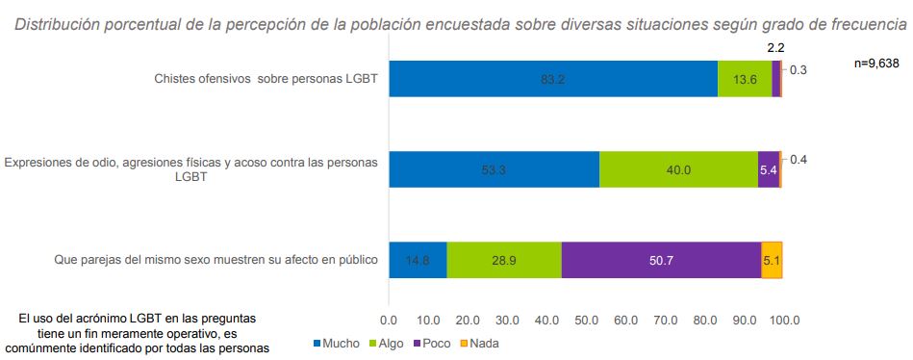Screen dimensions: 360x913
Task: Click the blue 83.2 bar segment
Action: (x=553, y=79)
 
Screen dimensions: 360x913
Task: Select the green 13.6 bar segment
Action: (x=745, y=79)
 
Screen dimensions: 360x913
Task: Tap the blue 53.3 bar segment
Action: (x=494, y=169)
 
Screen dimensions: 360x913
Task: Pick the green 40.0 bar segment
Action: (x=678, y=169)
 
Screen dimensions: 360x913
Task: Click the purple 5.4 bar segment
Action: (x=768, y=169)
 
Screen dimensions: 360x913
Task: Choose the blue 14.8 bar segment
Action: (x=418, y=260)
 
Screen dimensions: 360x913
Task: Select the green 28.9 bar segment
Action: (x=504, y=260)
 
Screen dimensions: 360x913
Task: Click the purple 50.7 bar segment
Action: (x=661, y=260)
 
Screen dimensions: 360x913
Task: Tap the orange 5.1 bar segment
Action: (x=772, y=260)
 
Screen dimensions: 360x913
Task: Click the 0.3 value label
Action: (x=798, y=69)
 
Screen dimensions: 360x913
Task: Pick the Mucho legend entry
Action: (x=336, y=343)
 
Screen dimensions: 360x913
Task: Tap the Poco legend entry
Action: (x=430, y=343)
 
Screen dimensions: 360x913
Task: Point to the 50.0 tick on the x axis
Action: (x=586, y=319)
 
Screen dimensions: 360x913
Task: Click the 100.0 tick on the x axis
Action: (x=782, y=319)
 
